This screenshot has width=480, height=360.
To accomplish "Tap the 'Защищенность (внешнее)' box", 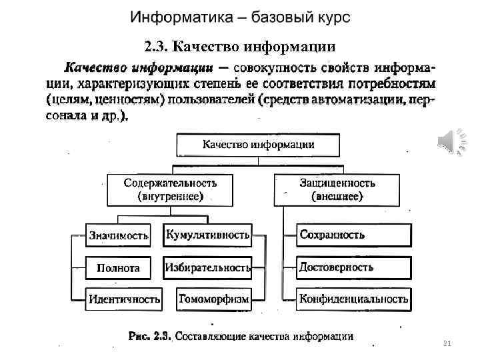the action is click(337, 189).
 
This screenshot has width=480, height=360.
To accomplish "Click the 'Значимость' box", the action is click(119, 235).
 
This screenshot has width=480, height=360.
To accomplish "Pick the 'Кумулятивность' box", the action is click(208, 235).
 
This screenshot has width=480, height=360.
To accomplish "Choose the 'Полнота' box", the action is click(119, 268).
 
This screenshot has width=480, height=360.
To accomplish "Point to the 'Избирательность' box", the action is click(208, 268).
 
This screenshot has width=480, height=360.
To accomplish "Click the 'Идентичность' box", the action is click(125, 299).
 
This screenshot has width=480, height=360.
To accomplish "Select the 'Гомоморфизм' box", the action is click(213, 299).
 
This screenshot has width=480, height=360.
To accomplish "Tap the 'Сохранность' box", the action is click(353, 235).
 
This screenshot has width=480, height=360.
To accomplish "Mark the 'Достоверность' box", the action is click(353, 267).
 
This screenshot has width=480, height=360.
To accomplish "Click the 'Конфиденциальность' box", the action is click(353, 299).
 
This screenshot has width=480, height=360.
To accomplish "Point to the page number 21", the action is click(447, 343).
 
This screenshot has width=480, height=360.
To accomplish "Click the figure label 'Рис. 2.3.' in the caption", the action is click(151, 336).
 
